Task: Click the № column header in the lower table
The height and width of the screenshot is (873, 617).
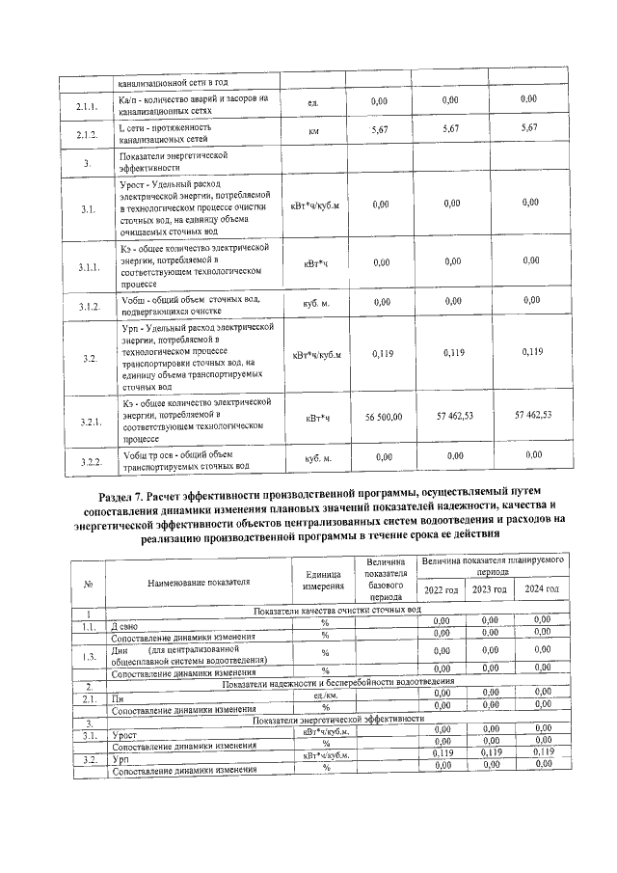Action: [x=88, y=582]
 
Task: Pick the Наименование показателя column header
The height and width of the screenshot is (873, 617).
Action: [x=199, y=582]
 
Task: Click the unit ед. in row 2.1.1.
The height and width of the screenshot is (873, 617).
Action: [x=313, y=103]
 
